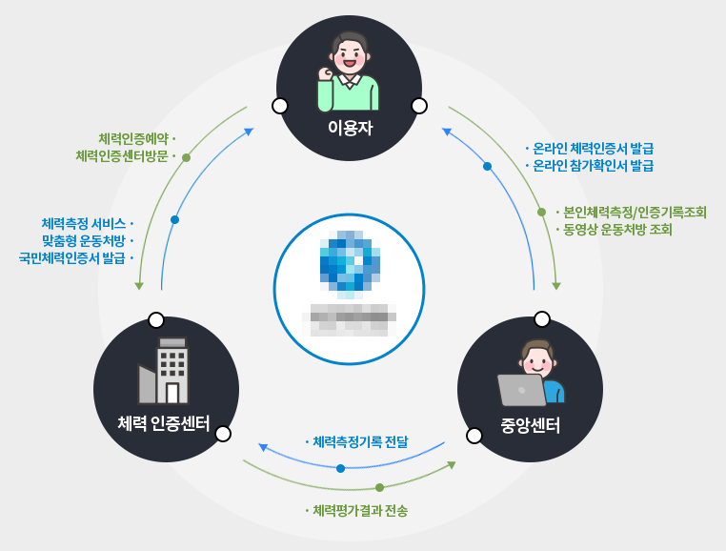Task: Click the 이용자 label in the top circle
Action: [349, 127]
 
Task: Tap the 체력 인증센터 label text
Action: [164, 421]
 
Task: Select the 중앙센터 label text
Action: [530, 424]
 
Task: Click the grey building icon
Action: [165, 372]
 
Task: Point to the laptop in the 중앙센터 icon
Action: [521, 390]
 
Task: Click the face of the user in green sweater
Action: [349, 55]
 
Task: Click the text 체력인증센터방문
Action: [122, 156]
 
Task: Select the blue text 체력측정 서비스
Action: [83, 223]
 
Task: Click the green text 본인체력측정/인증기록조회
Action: [635, 212]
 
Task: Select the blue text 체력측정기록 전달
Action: [360, 441]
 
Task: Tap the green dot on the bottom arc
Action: [379, 487]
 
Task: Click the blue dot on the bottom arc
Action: [340, 468]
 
